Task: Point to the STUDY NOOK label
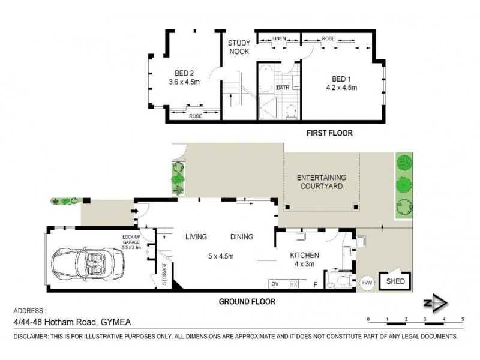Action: click(x=238, y=47)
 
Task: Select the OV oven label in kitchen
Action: click(x=275, y=283)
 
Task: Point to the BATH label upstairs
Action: click(x=283, y=88)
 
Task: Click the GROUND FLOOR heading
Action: click(x=246, y=302)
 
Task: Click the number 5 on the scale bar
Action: click(x=462, y=319)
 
